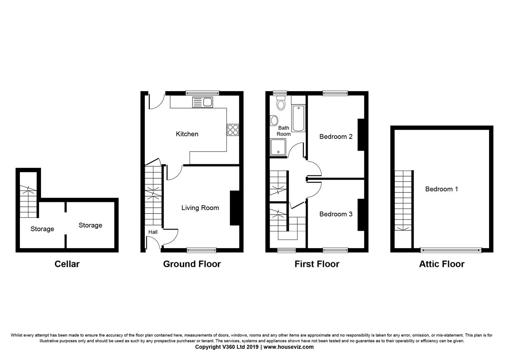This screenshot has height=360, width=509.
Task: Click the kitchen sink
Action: pyautogui.click(x=202, y=102)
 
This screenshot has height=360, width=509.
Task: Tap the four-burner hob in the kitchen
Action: pyautogui.click(x=233, y=130)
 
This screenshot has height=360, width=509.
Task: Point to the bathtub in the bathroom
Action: pyautogui.click(x=298, y=118)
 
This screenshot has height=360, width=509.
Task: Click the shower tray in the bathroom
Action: pyautogui.click(x=278, y=147)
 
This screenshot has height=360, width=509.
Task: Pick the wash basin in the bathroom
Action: pyautogui.click(x=274, y=121)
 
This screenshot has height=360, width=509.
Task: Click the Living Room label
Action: pyautogui.click(x=200, y=208)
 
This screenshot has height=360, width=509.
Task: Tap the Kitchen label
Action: pyautogui.click(x=187, y=134)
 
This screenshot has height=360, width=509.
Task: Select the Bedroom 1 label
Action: pyautogui.click(x=441, y=189)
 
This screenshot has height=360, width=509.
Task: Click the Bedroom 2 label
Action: pyautogui.click(x=336, y=136)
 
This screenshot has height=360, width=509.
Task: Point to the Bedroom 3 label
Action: pyautogui.click(x=336, y=214)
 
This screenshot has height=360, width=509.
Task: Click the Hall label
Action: pyautogui.click(x=153, y=232)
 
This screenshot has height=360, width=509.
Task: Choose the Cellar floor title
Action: pyautogui.click(x=67, y=264)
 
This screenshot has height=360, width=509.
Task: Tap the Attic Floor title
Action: pyautogui.click(x=442, y=264)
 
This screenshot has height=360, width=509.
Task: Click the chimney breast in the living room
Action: pyautogui.click(x=235, y=208)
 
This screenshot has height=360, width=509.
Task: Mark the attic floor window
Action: pyautogui.click(x=451, y=250)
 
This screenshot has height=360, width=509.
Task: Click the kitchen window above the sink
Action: pyautogui.click(x=202, y=93)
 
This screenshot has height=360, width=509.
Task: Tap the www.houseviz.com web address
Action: pyautogui.click(x=288, y=347)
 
